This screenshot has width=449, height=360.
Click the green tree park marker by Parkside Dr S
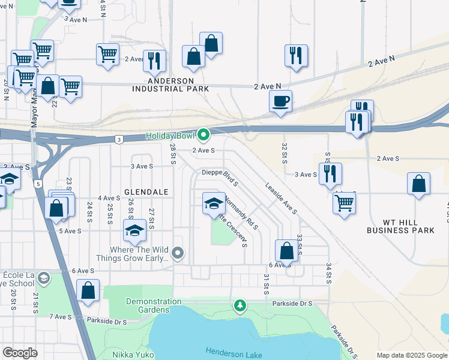(240, 307)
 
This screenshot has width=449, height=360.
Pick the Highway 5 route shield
(38, 184)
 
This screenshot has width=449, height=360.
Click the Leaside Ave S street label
(281, 199)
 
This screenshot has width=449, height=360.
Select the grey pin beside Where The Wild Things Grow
(177, 254)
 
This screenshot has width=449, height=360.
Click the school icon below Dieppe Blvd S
(214, 203)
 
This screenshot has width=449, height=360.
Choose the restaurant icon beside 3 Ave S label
(330, 173)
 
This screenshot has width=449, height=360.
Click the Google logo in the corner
(20, 353)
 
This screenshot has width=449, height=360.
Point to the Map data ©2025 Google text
(411, 355)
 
